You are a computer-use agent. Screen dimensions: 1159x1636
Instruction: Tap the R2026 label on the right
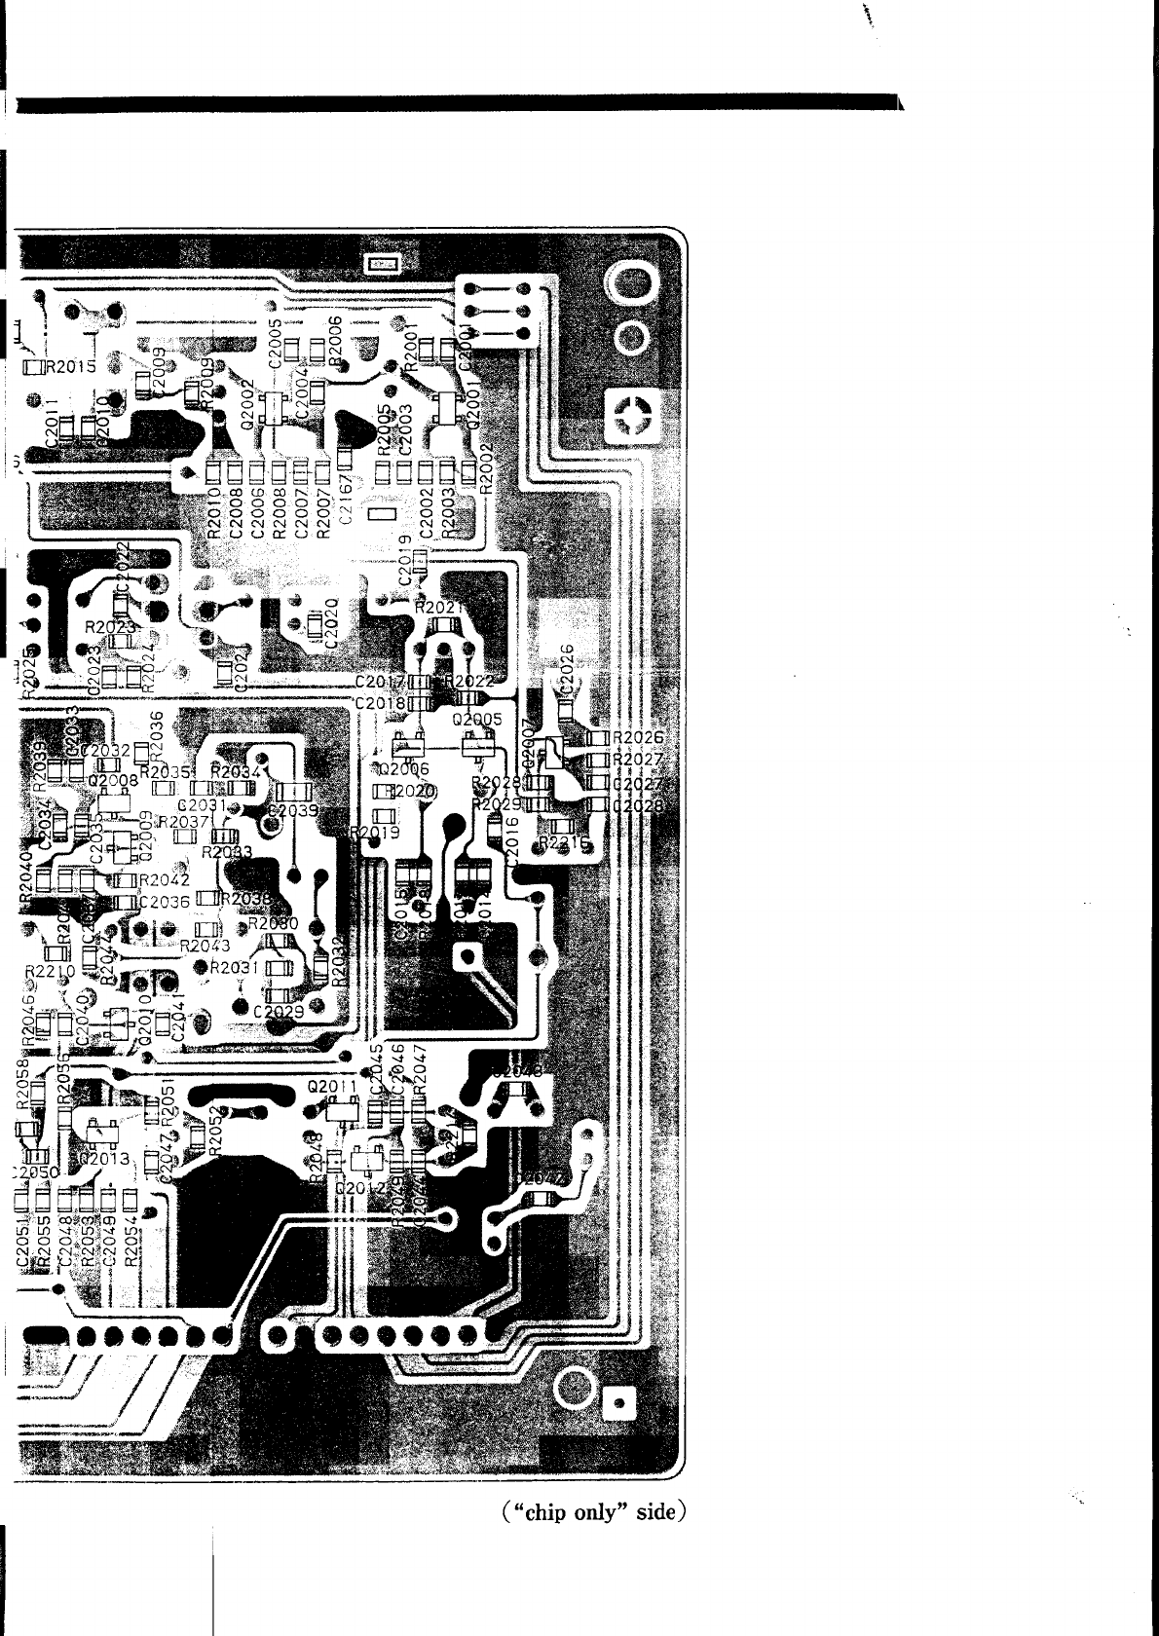tap(638, 738)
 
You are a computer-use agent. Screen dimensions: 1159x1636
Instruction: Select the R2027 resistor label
tap(638, 760)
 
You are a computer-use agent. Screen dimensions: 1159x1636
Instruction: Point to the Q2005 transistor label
tap(477, 720)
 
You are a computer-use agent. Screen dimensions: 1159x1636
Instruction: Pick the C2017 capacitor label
tap(381, 681)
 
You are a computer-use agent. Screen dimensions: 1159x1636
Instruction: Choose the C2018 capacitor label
tap(381, 702)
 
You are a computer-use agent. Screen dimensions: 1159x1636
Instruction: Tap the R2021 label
tap(440, 607)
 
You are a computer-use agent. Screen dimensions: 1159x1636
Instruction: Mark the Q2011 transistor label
tap(333, 1085)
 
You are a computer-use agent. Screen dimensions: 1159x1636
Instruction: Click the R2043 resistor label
tap(206, 946)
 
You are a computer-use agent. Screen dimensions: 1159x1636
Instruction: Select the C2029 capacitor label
tap(279, 1013)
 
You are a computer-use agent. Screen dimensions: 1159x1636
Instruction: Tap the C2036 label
tap(165, 902)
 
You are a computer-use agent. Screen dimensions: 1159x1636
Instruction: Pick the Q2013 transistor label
tap(105, 1159)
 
